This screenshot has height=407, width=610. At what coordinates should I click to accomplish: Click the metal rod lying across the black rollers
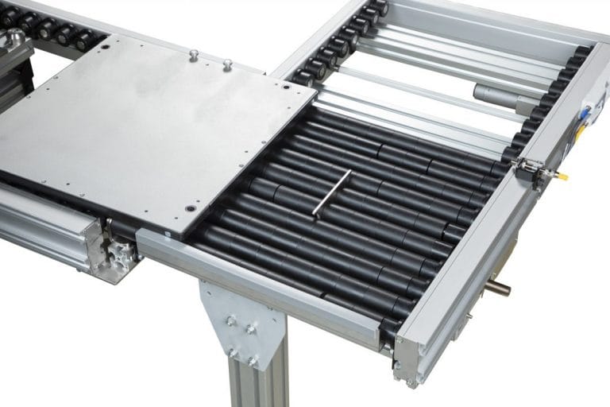pos(331,194)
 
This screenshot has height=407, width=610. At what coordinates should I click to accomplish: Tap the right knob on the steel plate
pos(226,64)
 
